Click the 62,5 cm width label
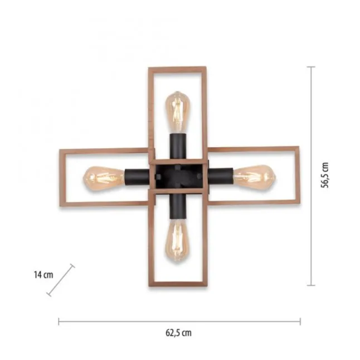pos(178,333)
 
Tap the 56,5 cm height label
pos(325,175)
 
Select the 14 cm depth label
pos(43,275)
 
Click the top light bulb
pos(177,112)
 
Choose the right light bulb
pos(254,176)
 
